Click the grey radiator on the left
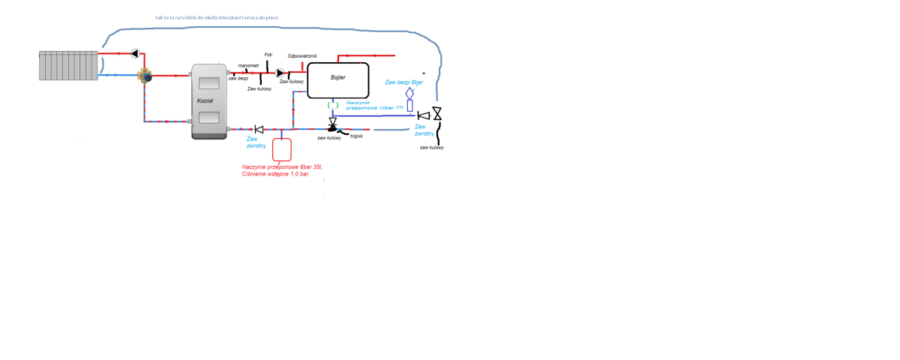(x=68, y=65)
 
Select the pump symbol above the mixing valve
(x=136, y=53)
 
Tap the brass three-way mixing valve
(x=144, y=75)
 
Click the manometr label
(x=248, y=65)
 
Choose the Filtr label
(x=268, y=55)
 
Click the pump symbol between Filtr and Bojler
(x=280, y=73)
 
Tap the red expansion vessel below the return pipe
(x=282, y=148)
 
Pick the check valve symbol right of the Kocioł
(x=259, y=129)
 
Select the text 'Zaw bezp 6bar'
(x=404, y=81)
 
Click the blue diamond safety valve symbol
(x=409, y=93)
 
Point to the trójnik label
(x=356, y=136)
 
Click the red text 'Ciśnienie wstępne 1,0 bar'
(x=275, y=174)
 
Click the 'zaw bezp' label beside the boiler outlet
(x=238, y=78)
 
